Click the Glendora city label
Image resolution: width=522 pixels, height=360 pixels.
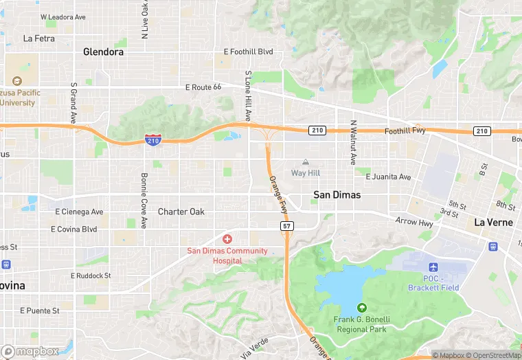103,52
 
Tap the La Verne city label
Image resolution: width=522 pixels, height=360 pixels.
493,223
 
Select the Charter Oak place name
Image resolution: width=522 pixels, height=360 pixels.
181,212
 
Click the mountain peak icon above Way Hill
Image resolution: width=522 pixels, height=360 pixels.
306,162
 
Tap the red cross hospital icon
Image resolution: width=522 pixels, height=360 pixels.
227,238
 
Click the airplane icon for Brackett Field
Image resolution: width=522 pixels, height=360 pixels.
433,267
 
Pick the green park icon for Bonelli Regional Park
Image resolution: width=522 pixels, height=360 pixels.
362,307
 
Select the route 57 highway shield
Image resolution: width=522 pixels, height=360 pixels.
287,225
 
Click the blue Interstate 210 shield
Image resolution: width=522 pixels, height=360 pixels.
153,140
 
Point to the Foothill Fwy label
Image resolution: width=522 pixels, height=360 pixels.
407,131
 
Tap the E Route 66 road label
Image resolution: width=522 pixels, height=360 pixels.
203,87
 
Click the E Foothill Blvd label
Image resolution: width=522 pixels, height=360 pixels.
249,52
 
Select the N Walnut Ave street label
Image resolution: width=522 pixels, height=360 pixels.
353,143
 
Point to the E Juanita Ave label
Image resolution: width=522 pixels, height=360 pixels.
388,177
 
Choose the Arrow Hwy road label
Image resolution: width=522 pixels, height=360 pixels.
414,221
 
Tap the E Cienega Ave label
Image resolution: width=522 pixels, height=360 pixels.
79,212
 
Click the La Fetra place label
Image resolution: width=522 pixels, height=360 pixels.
38,38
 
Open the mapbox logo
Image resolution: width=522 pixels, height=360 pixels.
31,351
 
